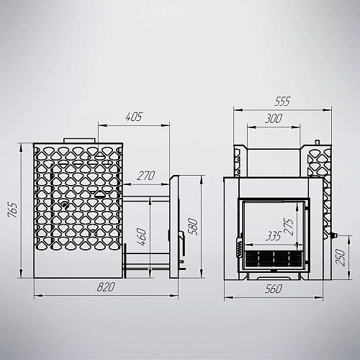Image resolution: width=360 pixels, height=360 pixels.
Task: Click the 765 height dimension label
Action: pos(13,210)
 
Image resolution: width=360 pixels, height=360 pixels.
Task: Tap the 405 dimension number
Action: pos(134,117)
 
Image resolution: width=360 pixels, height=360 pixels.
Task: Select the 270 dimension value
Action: pos(146,176)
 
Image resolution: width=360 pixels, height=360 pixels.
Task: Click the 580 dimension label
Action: pos(193,227)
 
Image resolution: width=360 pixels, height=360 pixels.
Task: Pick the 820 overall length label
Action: pos(106,287)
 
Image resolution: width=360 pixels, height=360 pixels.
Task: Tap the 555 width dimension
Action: pos(282,102)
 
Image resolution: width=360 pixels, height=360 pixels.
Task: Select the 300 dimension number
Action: pos(274,119)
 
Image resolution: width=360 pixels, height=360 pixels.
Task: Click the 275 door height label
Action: pos(289,227)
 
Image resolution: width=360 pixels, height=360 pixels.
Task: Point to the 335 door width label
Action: pos(274,236)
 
